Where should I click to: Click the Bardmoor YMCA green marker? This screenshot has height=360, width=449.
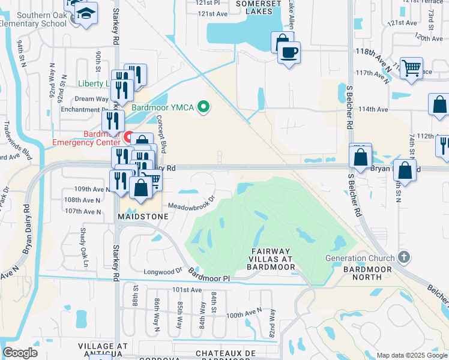tap(203, 108)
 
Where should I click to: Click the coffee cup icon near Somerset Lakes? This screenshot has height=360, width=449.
tap(289, 52)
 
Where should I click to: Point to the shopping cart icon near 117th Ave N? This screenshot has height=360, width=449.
tap(411, 68)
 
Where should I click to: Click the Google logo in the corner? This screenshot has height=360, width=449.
tap(20, 353)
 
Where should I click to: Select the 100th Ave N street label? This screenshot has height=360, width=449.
tap(244, 313)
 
